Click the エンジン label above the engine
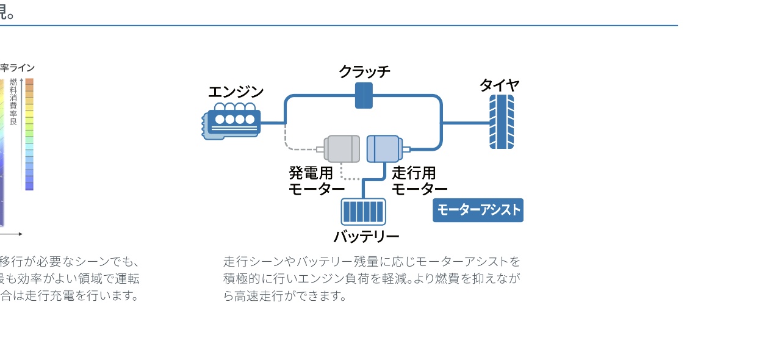tap(236, 92)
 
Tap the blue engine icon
tap(232, 123)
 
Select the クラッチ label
tap(364, 72)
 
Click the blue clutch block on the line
tap(364, 96)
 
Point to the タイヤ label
tap(499, 85)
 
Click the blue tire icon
tap(502, 122)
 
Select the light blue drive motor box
tap(383, 149)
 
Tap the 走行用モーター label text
tap(419, 181)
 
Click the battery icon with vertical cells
tap(363, 212)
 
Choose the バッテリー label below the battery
tap(366, 237)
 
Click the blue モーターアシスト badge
tap(478, 211)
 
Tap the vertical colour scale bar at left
tap(29, 134)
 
